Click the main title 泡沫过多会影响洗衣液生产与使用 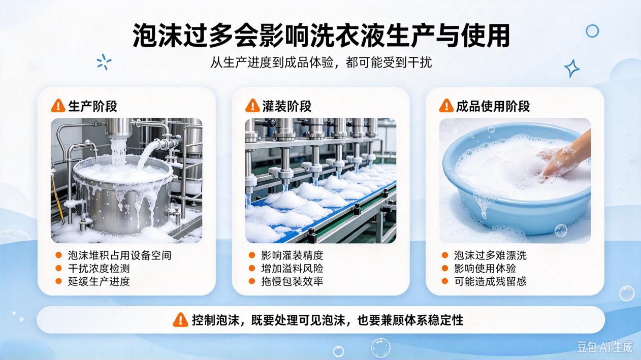pyautogui.click(x=321, y=36)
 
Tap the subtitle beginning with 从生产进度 pyautogui.click(x=321, y=62)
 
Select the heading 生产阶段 pyautogui.click(x=92, y=106)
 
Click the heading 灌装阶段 pyautogui.click(x=287, y=106)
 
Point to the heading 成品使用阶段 pyautogui.click(x=493, y=106)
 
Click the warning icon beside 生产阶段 pyautogui.click(x=58, y=106)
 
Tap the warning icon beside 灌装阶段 pyautogui.click(x=252, y=106)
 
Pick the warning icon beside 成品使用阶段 pyautogui.click(x=446, y=106)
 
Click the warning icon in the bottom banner pyautogui.click(x=180, y=320)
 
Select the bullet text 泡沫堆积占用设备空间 pyautogui.click(x=119, y=255)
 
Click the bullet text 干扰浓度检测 pyautogui.click(x=99, y=269)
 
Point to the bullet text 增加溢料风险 pyautogui.click(x=292, y=269)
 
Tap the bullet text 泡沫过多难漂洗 pyautogui.click(x=490, y=255)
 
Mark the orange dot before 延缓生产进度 pyautogui.click(x=58, y=281)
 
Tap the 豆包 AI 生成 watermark pyautogui.click(x=604, y=347)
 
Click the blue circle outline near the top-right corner pyautogui.click(x=592, y=31)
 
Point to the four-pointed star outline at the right pyautogui.click(x=572, y=69)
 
